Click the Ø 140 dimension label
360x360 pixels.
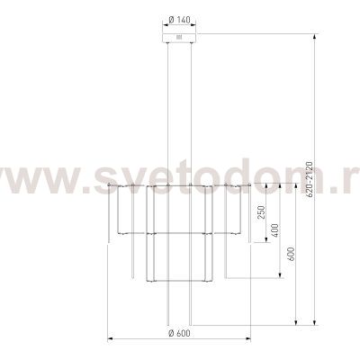[179, 20]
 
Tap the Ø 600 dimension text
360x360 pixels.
[179, 333]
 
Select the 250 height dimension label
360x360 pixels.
[262, 212]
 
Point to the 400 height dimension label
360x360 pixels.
[275, 230]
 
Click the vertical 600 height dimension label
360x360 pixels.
[292, 254]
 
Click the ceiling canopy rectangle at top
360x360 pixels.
[179, 38]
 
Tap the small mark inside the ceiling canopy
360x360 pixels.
[179, 38]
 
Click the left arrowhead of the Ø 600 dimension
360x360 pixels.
[110, 339]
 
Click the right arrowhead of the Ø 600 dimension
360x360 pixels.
[248, 339]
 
